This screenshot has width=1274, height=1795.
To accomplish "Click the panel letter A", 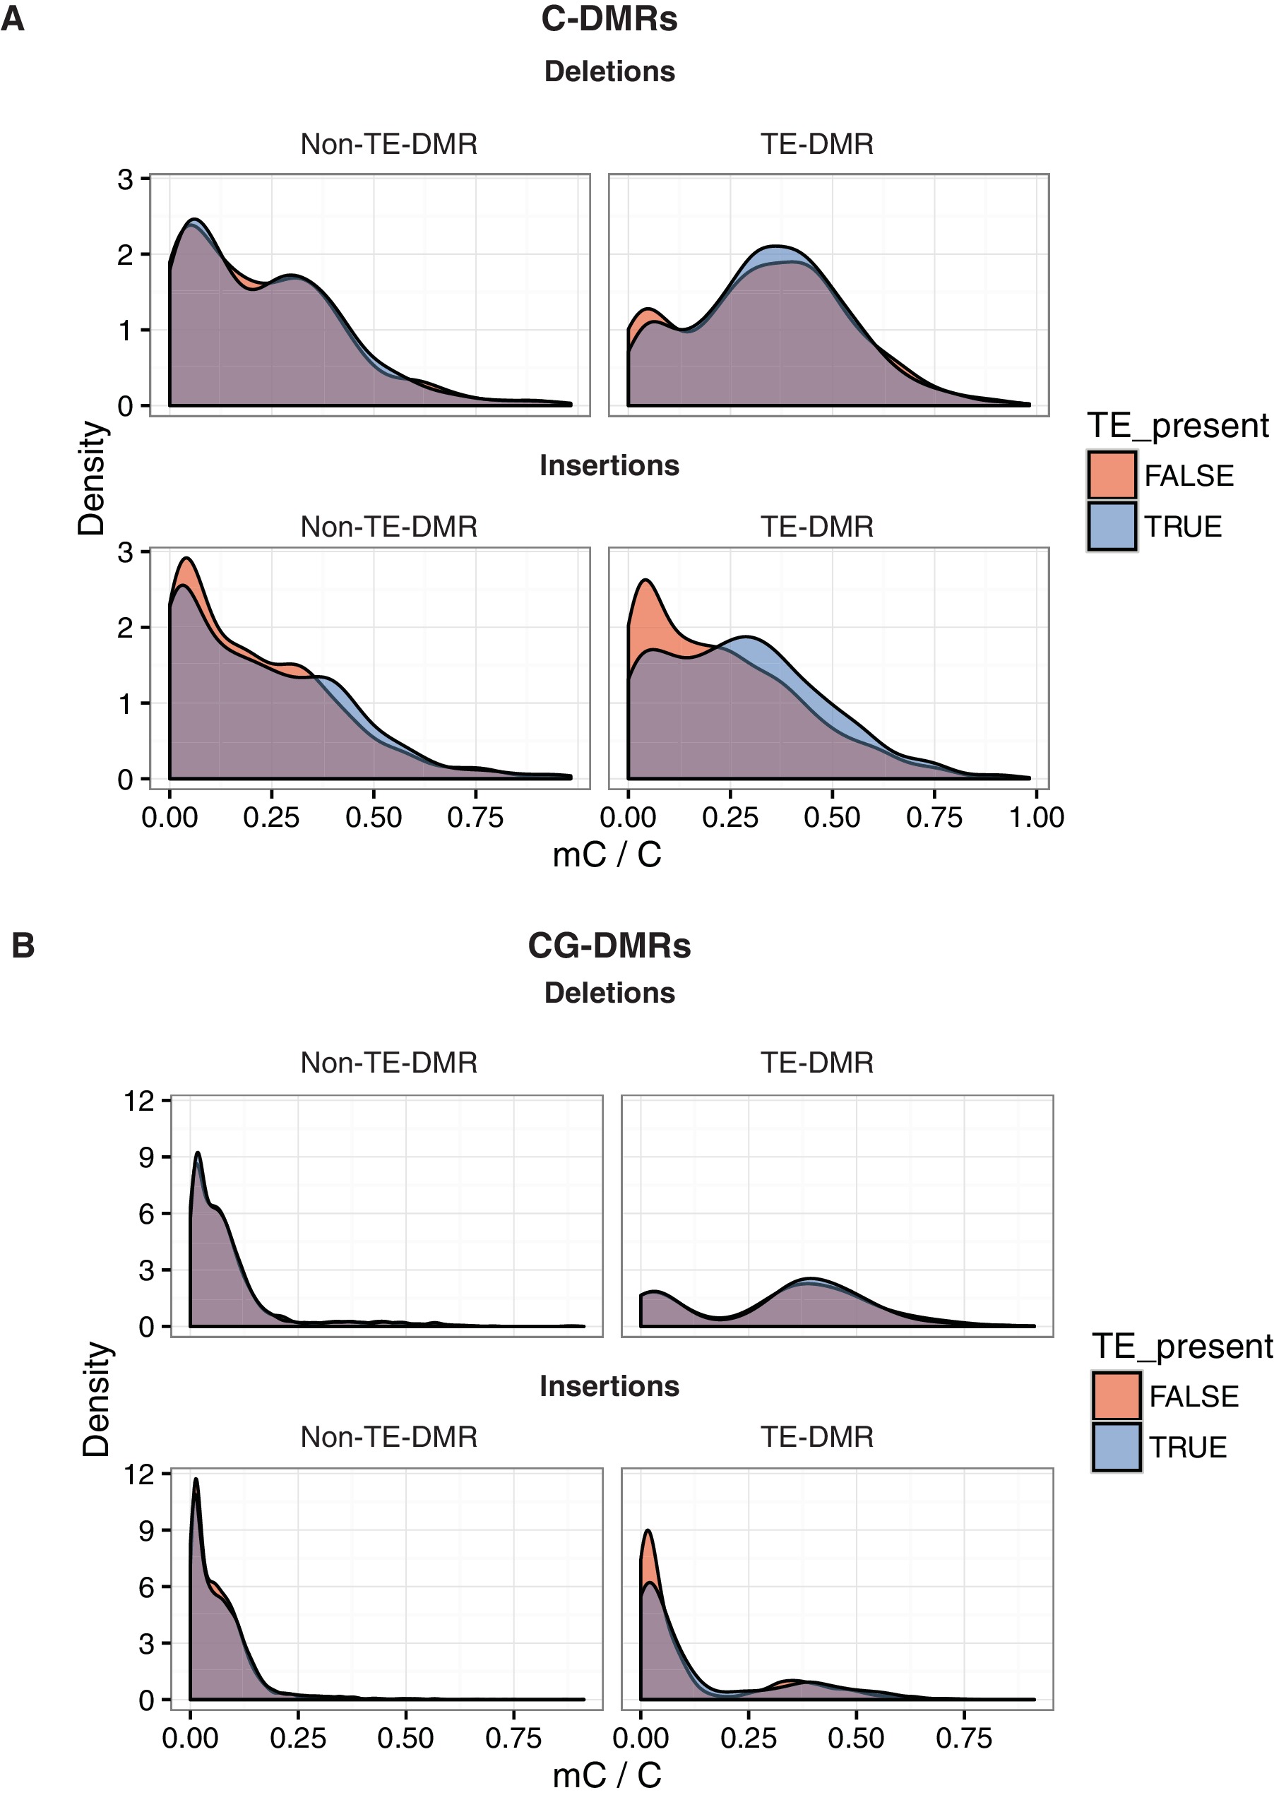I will [x=13, y=19].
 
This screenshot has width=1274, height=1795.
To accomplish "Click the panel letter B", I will [x=23, y=945].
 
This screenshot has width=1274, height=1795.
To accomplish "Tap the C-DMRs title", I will [x=609, y=19].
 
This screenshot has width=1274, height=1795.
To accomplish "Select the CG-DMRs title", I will [x=609, y=945].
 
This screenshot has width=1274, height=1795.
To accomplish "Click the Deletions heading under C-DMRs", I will [x=609, y=71].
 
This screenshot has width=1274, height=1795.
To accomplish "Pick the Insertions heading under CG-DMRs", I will [x=609, y=1385].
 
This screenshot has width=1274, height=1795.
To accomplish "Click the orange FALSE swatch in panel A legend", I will [x=1112, y=475].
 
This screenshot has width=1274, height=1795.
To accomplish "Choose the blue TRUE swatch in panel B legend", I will [x=1117, y=1447].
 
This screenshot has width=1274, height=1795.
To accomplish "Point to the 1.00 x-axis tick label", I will [x=1036, y=818].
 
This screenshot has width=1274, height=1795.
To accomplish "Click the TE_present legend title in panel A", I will [x=1177, y=426].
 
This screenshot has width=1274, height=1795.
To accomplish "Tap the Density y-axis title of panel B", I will [x=97, y=1400].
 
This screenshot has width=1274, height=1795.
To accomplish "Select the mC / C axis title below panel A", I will [x=607, y=854].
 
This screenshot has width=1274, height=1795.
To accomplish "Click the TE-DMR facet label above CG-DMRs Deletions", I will [x=816, y=1063].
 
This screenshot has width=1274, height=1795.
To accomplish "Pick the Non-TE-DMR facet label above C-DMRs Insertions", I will [x=389, y=526].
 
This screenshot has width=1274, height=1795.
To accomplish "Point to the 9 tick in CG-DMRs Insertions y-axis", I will [x=147, y=1531].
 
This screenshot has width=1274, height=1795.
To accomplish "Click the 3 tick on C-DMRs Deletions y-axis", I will [x=126, y=179].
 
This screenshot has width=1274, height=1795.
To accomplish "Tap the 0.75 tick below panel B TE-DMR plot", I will [x=963, y=1739].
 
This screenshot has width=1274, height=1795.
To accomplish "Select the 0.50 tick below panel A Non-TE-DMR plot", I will [x=374, y=818].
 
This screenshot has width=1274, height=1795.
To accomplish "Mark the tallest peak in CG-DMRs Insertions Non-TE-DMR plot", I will [x=196, y=1481].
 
